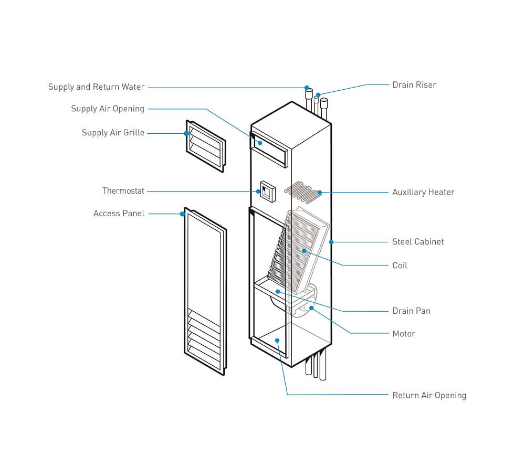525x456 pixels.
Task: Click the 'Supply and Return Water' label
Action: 96,87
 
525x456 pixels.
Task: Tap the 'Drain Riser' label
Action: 414,85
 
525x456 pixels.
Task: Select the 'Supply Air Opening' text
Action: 108,109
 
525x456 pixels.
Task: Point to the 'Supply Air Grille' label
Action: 113,133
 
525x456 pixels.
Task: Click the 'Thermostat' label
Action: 123,191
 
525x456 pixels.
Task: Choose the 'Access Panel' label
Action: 119,214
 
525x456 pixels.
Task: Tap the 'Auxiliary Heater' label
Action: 423,193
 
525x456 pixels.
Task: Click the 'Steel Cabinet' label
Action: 418,242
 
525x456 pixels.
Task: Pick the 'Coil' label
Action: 400,266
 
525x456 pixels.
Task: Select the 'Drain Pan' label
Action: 411,311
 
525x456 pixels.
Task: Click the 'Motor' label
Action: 404,334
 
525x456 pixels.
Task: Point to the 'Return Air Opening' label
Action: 429,396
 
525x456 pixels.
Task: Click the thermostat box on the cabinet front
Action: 267,192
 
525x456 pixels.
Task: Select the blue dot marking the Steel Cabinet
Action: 331,242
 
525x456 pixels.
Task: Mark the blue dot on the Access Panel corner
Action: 182,214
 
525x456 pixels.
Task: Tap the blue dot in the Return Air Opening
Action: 277,340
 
